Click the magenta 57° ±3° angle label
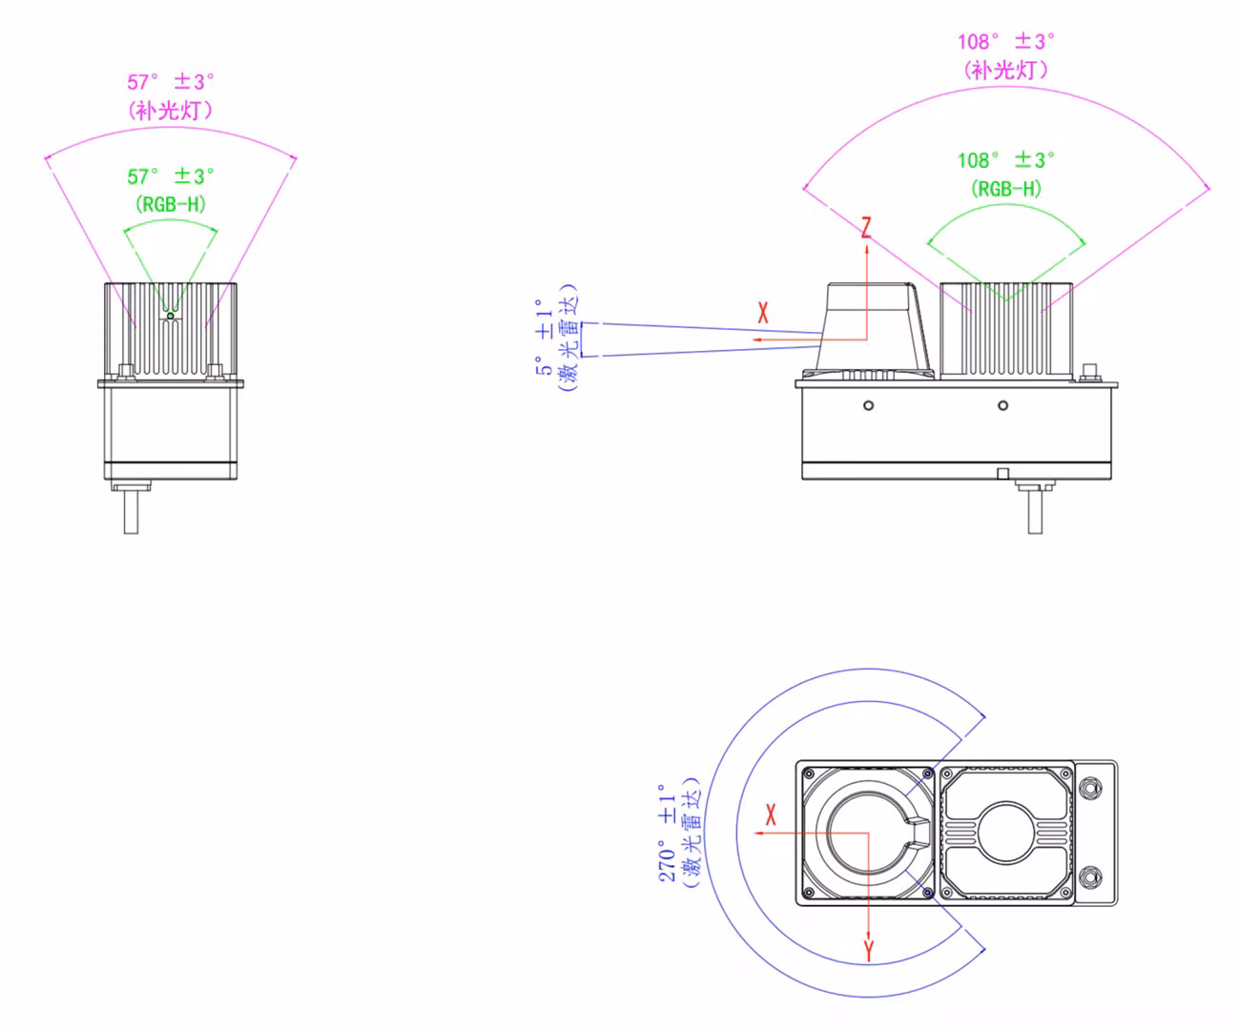(x=171, y=82)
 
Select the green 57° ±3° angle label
(x=171, y=176)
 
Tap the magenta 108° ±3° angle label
(x=1006, y=42)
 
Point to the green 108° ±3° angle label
(x=1006, y=160)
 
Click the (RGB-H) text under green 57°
(x=171, y=205)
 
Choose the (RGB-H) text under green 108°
(x=1006, y=189)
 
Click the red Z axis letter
(x=866, y=228)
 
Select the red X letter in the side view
(x=763, y=313)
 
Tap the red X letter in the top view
(x=771, y=814)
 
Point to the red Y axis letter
(x=869, y=951)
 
